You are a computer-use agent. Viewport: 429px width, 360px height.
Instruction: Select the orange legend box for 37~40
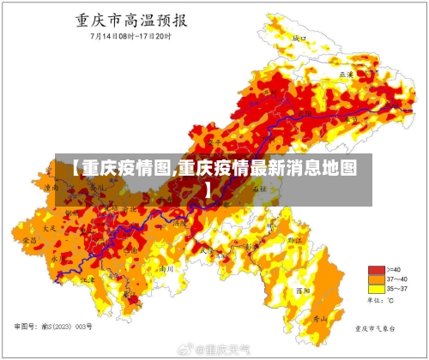[375, 279]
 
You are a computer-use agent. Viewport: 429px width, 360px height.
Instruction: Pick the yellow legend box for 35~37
[375, 289]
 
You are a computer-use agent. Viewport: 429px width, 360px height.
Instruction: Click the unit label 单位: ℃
[380, 301]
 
